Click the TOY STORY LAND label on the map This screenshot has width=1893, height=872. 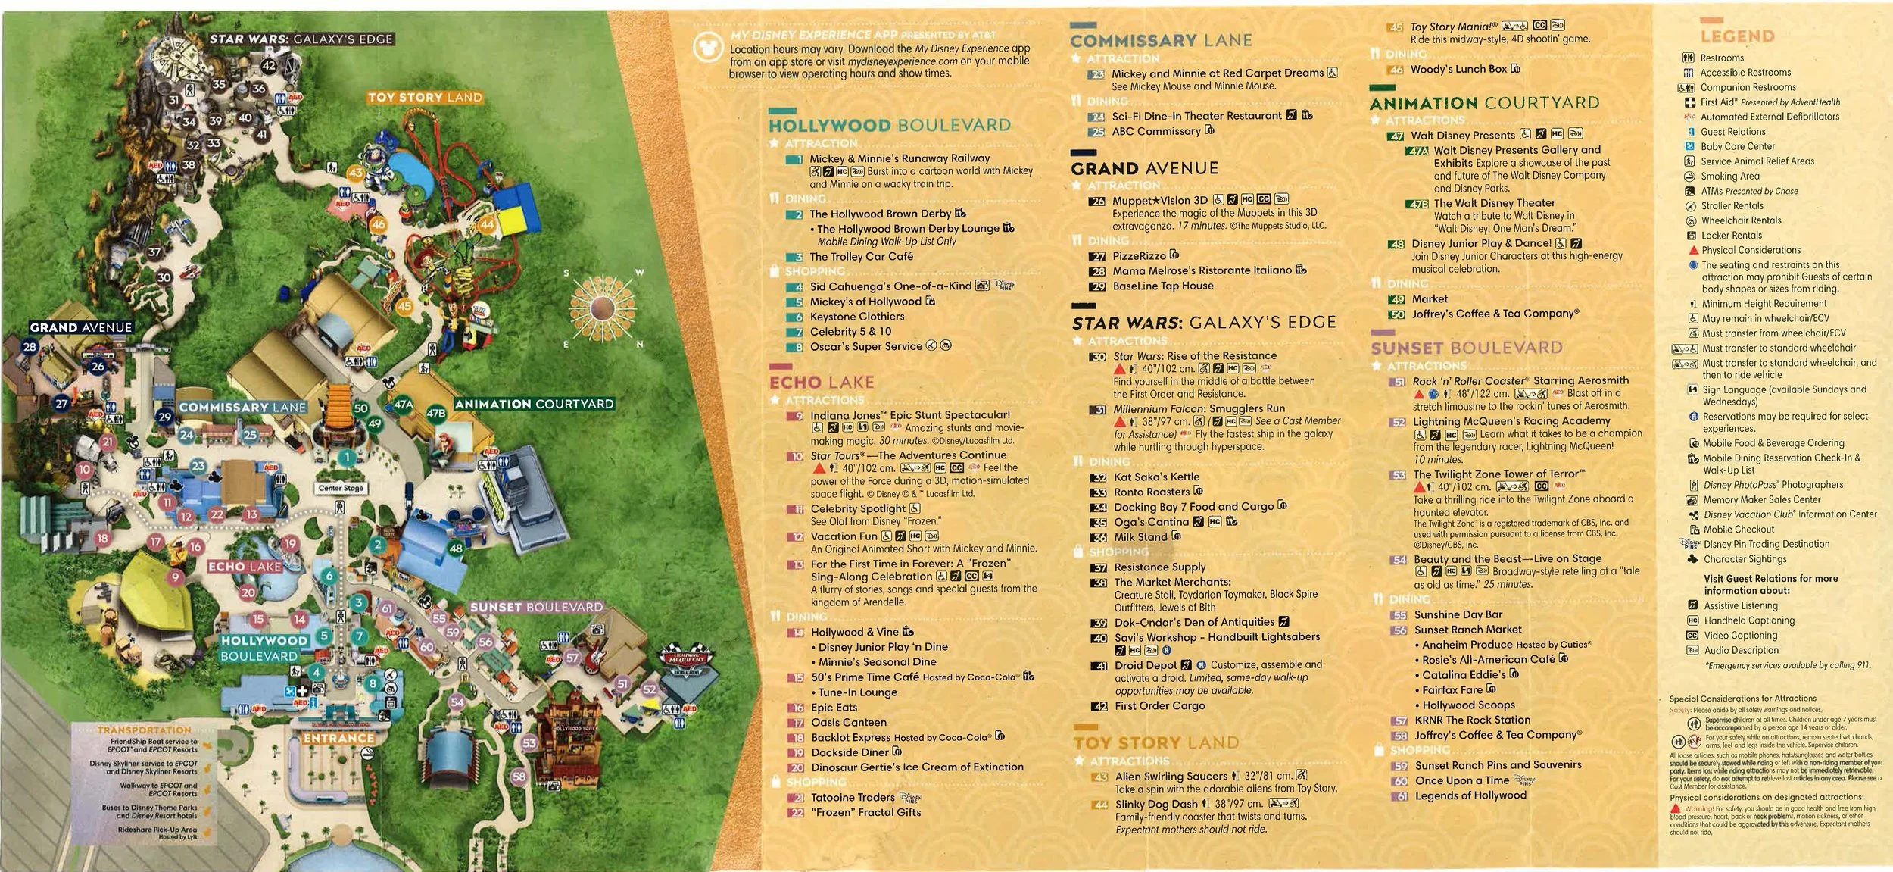point(425,98)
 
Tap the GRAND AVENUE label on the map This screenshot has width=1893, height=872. point(81,327)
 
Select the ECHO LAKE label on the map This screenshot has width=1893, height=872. point(245,567)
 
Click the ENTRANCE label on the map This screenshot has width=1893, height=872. point(338,738)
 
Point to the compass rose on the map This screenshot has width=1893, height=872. point(603,308)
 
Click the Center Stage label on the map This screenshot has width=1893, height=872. point(341,488)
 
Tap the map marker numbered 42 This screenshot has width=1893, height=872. point(269,66)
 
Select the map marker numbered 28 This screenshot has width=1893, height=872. point(30,347)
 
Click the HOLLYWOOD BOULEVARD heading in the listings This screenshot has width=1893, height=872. point(889,126)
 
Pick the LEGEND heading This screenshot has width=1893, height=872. point(1737,36)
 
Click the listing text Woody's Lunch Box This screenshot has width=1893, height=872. point(1458,69)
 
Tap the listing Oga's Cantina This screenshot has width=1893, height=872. point(1151,522)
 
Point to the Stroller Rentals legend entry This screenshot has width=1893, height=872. point(1732,206)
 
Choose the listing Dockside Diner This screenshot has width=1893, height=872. point(849,752)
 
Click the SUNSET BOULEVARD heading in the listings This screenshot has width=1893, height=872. point(1466,348)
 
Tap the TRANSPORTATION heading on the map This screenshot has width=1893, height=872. point(144,730)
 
